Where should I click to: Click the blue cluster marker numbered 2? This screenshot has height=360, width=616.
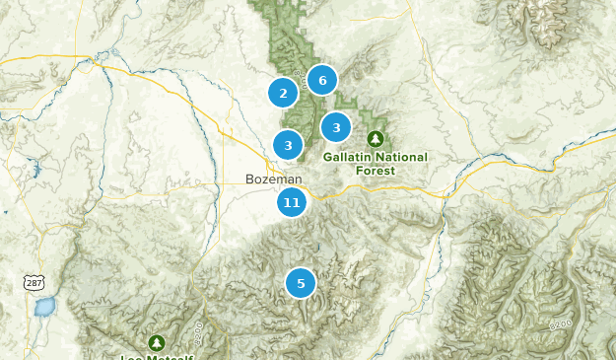[283, 93]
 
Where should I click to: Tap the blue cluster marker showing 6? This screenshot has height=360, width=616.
[321, 80]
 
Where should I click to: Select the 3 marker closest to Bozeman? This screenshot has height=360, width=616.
[288, 146]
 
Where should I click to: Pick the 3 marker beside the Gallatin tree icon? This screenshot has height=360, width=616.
[336, 127]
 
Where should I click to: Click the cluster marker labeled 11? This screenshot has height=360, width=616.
[291, 203]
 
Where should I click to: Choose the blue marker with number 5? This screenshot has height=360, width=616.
[301, 283]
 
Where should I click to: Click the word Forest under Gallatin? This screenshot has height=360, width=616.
[375, 171]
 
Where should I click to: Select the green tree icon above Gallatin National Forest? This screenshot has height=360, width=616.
[375, 139]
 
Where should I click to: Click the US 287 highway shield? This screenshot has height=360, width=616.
[34, 283]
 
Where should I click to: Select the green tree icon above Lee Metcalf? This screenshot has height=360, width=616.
[156, 341]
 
